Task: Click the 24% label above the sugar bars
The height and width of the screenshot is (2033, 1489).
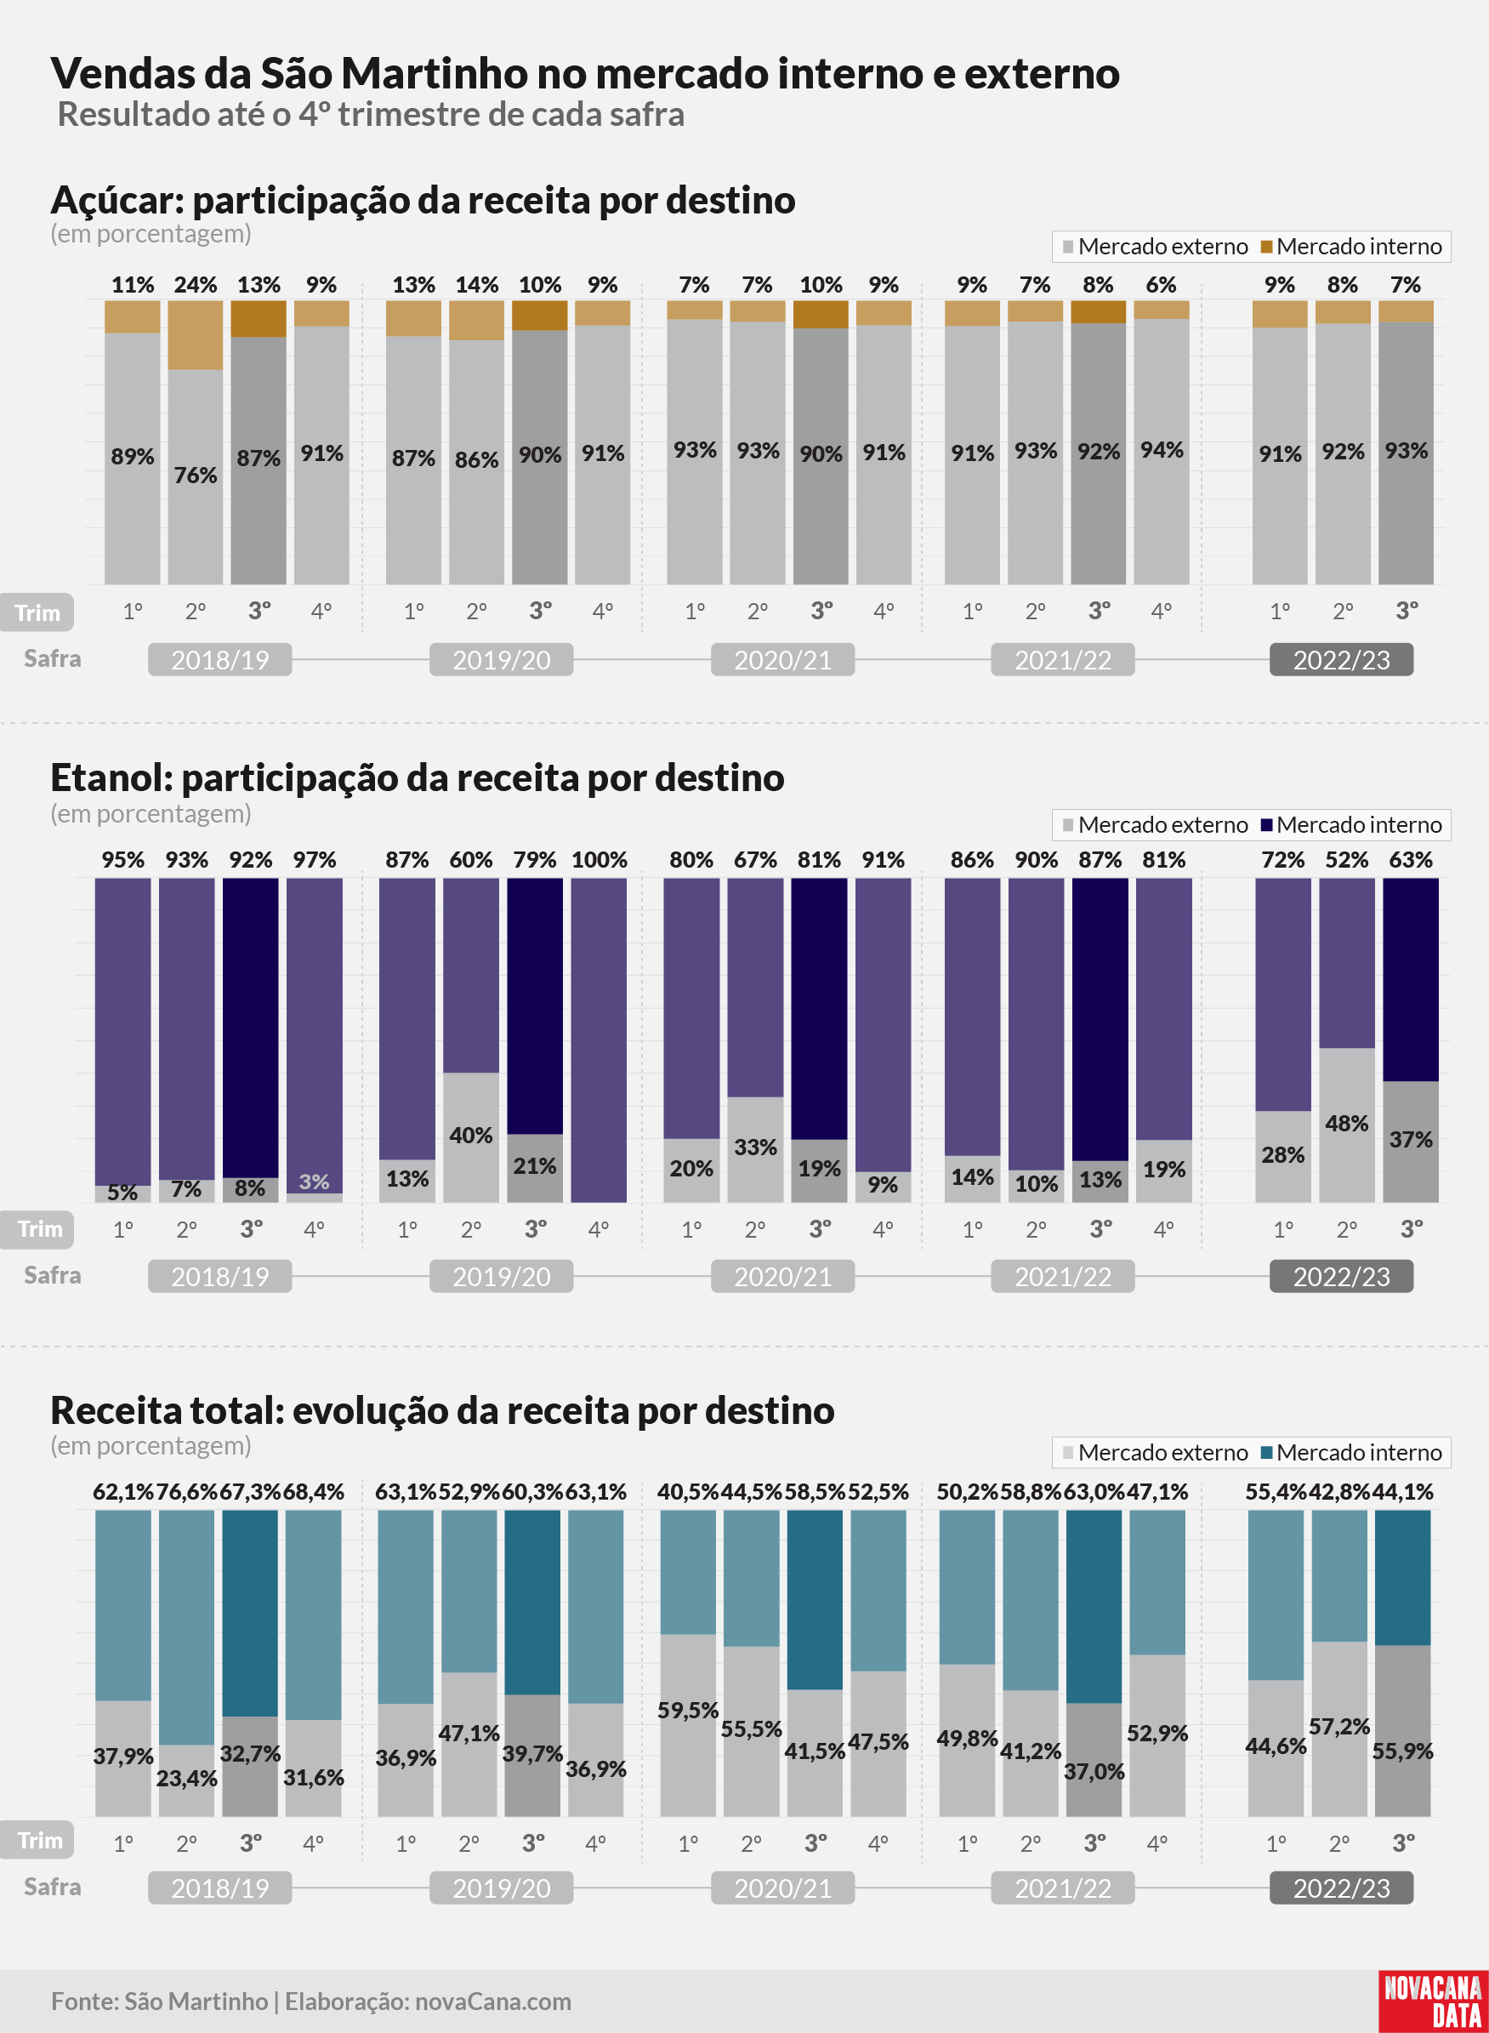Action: [x=196, y=285]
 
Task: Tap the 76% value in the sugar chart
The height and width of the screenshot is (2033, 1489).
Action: [x=196, y=476]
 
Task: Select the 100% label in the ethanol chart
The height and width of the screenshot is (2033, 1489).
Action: [x=600, y=860]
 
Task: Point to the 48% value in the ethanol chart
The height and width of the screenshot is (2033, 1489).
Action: [x=1347, y=1124]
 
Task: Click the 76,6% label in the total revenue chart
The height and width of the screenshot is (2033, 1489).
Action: [x=186, y=1492]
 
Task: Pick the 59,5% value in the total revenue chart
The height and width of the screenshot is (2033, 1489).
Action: [x=688, y=1711]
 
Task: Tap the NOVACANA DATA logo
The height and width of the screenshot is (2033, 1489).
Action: [x=1432, y=2001]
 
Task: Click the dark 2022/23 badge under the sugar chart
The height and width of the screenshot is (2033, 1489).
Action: [x=1341, y=660]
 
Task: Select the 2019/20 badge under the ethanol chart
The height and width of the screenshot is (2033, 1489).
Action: [x=501, y=1277]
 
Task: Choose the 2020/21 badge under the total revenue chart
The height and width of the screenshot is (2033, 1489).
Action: [x=782, y=1888]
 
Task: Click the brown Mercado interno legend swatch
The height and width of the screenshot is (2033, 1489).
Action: [x=1266, y=247]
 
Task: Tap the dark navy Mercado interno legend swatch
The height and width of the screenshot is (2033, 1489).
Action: [x=1266, y=825]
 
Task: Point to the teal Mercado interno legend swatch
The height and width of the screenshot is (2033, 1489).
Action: [x=1266, y=1452]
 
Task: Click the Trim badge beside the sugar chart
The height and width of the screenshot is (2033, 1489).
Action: [x=37, y=613]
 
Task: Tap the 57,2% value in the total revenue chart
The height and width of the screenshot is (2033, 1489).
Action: [x=1339, y=1727]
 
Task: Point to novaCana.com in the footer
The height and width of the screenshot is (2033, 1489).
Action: [x=493, y=2002]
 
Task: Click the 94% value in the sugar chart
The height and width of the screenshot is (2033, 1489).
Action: [x=1162, y=450]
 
